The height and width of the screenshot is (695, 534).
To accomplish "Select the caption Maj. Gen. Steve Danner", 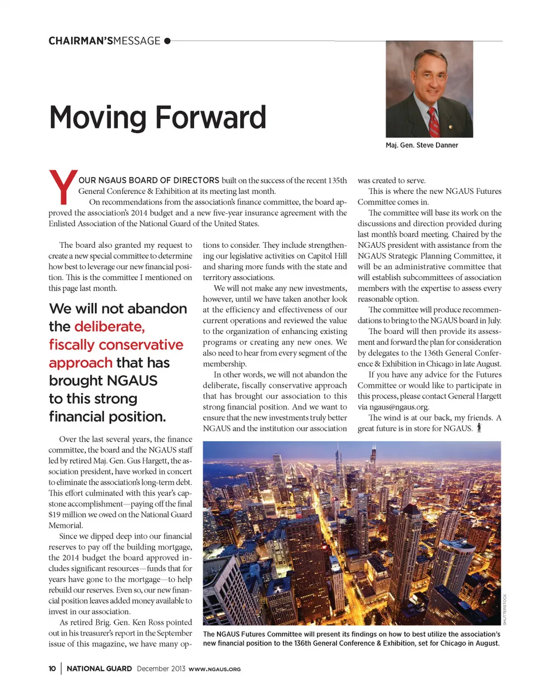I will click(x=422, y=146).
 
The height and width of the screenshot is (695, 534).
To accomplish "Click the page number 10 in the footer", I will click(x=52, y=669).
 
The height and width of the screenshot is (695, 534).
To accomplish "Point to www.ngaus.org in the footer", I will click(x=215, y=669).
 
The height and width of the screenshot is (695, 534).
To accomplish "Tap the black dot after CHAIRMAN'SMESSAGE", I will click(x=167, y=41).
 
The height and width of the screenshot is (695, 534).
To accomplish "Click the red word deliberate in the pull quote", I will click(x=110, y=327).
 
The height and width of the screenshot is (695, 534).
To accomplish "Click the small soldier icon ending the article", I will click(x=479, y=428).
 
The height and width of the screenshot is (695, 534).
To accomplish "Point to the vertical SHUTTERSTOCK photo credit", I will click(x=505, y=609).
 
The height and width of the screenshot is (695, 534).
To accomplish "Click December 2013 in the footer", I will click(x=161, y=669).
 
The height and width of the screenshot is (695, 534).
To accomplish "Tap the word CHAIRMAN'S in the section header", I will click(x=81, y=41).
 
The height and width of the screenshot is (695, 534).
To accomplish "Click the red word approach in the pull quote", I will click(x=81, y=363).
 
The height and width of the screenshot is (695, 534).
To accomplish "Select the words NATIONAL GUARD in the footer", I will click(x=99, y=669).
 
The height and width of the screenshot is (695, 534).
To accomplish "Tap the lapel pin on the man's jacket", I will click(x=451, y=127).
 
